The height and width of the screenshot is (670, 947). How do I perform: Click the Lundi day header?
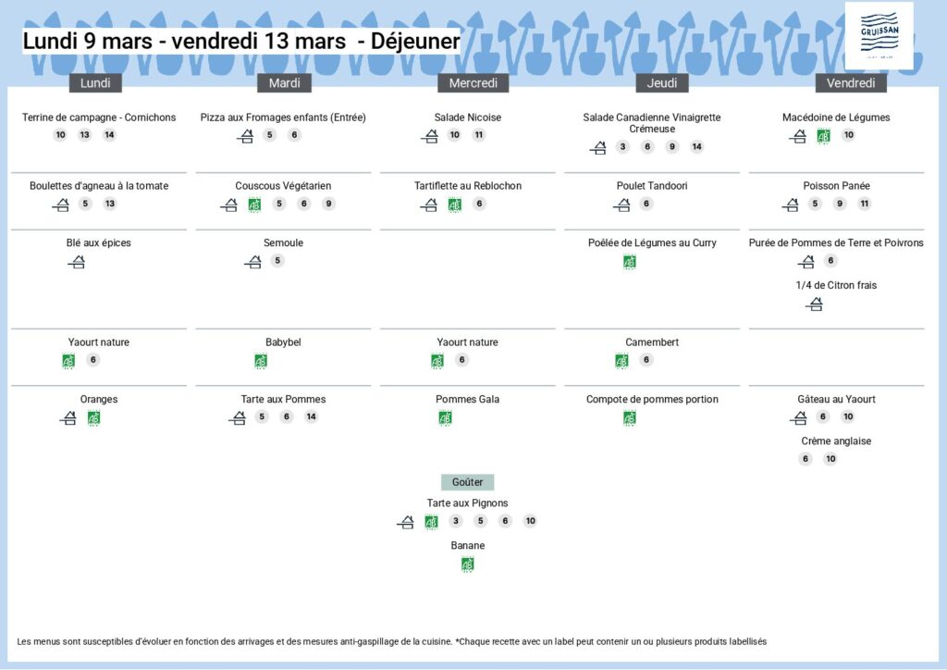point(95,83)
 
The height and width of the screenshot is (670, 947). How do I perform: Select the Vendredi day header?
point(851,83)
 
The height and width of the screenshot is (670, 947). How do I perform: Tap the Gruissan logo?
point(879,35)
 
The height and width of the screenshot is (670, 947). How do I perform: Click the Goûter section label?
point(467,482)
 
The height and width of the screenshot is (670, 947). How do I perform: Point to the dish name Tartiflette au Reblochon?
point(468,186)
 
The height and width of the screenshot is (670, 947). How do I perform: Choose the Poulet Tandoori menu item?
point(652,186)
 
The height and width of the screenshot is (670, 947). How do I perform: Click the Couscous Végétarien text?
point(283,186)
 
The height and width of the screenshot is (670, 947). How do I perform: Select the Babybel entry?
point(283,342)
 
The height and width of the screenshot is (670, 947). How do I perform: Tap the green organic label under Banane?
point(468,565)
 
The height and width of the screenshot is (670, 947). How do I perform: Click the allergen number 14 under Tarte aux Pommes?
point(311,417)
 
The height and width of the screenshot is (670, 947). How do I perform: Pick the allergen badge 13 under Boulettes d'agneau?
point(110,205)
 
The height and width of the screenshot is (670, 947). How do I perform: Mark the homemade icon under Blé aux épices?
point(77,263)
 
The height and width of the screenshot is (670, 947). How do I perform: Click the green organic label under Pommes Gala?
point(445,418)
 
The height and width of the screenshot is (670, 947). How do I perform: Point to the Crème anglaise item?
point(836,441)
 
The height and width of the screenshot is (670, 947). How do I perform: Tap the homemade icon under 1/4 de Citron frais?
point(815,304)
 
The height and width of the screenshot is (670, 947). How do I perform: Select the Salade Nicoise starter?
point(468,118)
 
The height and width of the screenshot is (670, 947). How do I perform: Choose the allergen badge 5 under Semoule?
point(277,261)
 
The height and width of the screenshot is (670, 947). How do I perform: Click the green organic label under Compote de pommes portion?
point(630,418)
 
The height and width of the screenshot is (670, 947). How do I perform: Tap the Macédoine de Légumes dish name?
point(836,118)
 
